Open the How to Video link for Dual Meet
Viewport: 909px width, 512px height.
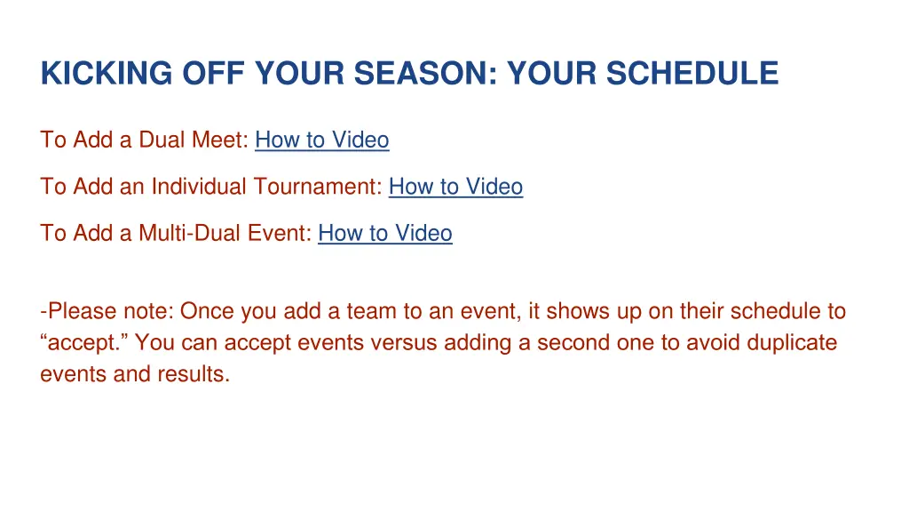(x=321, y=140)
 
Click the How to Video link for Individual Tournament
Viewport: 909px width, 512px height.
(x=455, y=187)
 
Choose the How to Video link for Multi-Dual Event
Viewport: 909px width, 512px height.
(x=385, y=233)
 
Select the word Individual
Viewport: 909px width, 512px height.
(x=200, y=187)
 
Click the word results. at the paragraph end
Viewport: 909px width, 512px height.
(x=195, y=373)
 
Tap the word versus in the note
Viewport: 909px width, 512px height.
(x=397, y=342)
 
